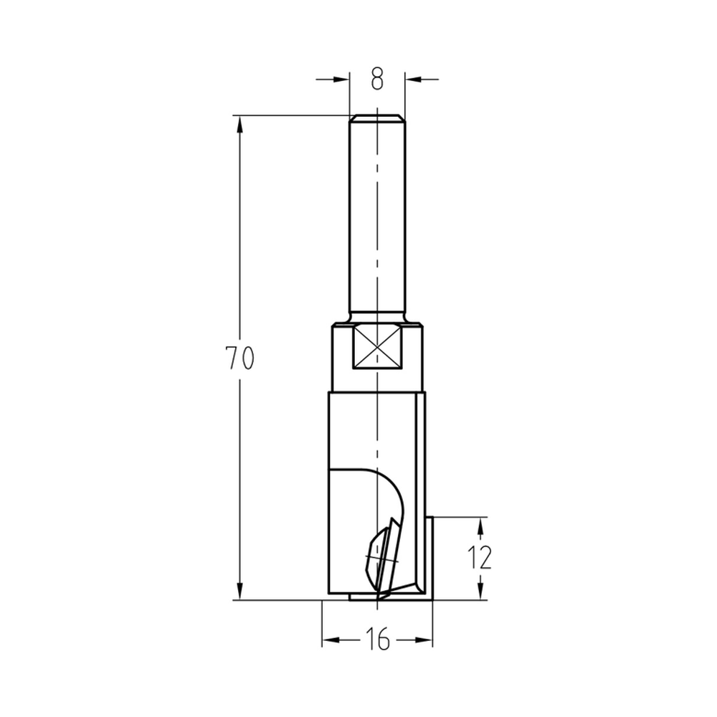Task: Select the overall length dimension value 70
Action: [x=239, y=358]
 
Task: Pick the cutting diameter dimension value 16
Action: [x=377, y=638]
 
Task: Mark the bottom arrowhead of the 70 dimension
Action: [x=239, y=592]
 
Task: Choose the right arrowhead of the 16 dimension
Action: [x=425, y=638]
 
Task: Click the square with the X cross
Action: [x=377, y=348]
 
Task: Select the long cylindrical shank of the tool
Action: [x=377, y=215]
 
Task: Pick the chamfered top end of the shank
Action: [x=377, y=117]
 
